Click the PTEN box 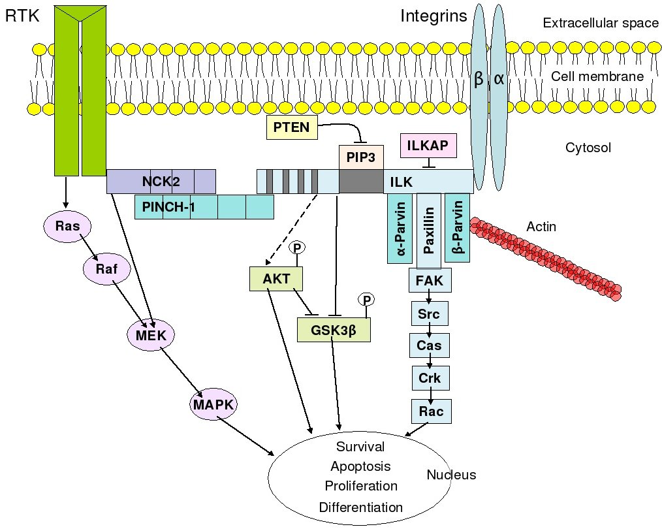click(292, 127)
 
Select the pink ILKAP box click(428, 145)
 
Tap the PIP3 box click(360, 157)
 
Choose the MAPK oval click(212, 406)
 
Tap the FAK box click(429, 282)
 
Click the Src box click(429, 314)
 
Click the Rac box click(431, 411)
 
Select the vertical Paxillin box click(429, 231)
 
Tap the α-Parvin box click(400, 229)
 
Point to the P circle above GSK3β click(366, 300)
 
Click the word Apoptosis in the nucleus click(360, 466)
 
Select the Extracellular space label click(601, 24)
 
